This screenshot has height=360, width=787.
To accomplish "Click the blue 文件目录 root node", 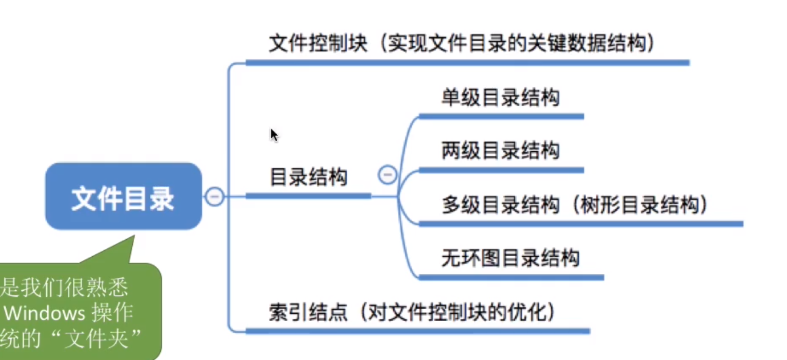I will [x=123, y=196].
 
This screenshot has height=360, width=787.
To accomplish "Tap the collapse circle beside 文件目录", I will [x=214, y=196].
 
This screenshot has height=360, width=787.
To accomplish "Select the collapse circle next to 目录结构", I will [x=387, y=175].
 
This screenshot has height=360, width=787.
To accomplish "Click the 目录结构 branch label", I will [x=308, y=178].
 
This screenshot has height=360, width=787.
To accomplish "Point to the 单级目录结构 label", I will [x=500, y=98].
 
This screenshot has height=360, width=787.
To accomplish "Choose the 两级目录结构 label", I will [x=500, y=150].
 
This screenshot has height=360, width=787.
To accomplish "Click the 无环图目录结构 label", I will [x=510, y=258].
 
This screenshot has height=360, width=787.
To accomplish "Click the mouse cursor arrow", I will [x=274, y=134].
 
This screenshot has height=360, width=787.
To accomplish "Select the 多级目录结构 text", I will [x=500, y=205].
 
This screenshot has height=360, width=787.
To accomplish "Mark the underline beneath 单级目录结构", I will [x=501, y=116].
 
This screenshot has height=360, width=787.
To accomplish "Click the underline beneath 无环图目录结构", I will [x=511, y=277].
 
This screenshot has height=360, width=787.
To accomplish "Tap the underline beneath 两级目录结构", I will [x=501, y=170].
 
